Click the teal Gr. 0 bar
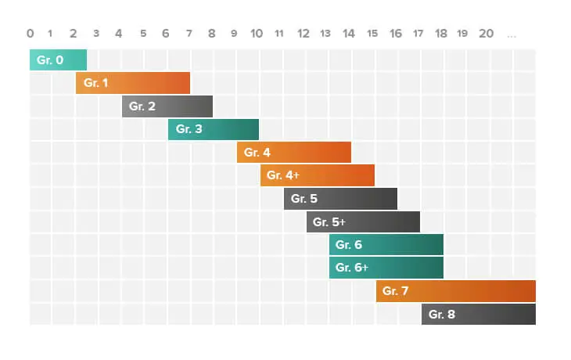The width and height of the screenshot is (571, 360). coord(58,59)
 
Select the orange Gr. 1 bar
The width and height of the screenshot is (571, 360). coord(133,83)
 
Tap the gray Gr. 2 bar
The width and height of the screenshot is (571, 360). coord(167,106)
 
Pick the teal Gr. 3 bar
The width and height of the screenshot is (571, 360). coord(214,129)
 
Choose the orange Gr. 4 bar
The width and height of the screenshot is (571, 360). coord(294,152)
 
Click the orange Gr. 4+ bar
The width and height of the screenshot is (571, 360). coord(318,175)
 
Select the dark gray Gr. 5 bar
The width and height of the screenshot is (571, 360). coord(340,199)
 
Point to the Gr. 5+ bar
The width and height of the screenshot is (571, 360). coord(363,221)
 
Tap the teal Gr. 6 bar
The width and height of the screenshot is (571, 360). coord(386,245)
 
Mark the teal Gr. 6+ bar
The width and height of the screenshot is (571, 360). coord(386,268)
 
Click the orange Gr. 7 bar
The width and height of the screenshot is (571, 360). coord(455,291)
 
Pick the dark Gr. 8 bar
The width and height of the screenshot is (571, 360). coord(479,314)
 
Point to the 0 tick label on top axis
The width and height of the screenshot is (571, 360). coord(30,34)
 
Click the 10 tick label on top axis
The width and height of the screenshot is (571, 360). coord(257,34)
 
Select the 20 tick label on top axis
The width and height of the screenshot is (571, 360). coord(486,34)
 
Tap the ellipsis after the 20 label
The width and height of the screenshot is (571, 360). coord(512,34)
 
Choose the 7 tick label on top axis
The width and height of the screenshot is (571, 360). coord(188,34)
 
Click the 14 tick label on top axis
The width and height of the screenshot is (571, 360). coord(348,34)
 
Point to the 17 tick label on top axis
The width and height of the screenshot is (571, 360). coord(418,34)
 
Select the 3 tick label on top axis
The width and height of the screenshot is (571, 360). coord(96,34)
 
